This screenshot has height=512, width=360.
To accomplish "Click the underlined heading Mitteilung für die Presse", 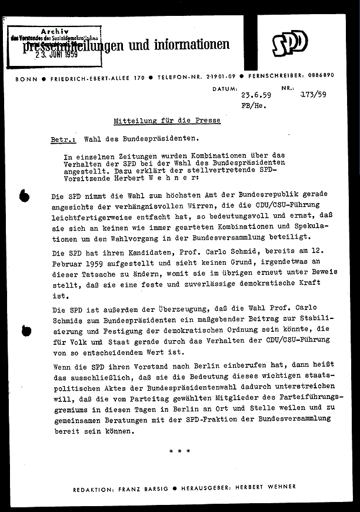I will (x=167, y=121).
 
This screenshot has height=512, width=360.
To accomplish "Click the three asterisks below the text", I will (x=179, y=452).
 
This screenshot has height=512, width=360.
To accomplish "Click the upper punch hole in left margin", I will (x=24, y=196).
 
